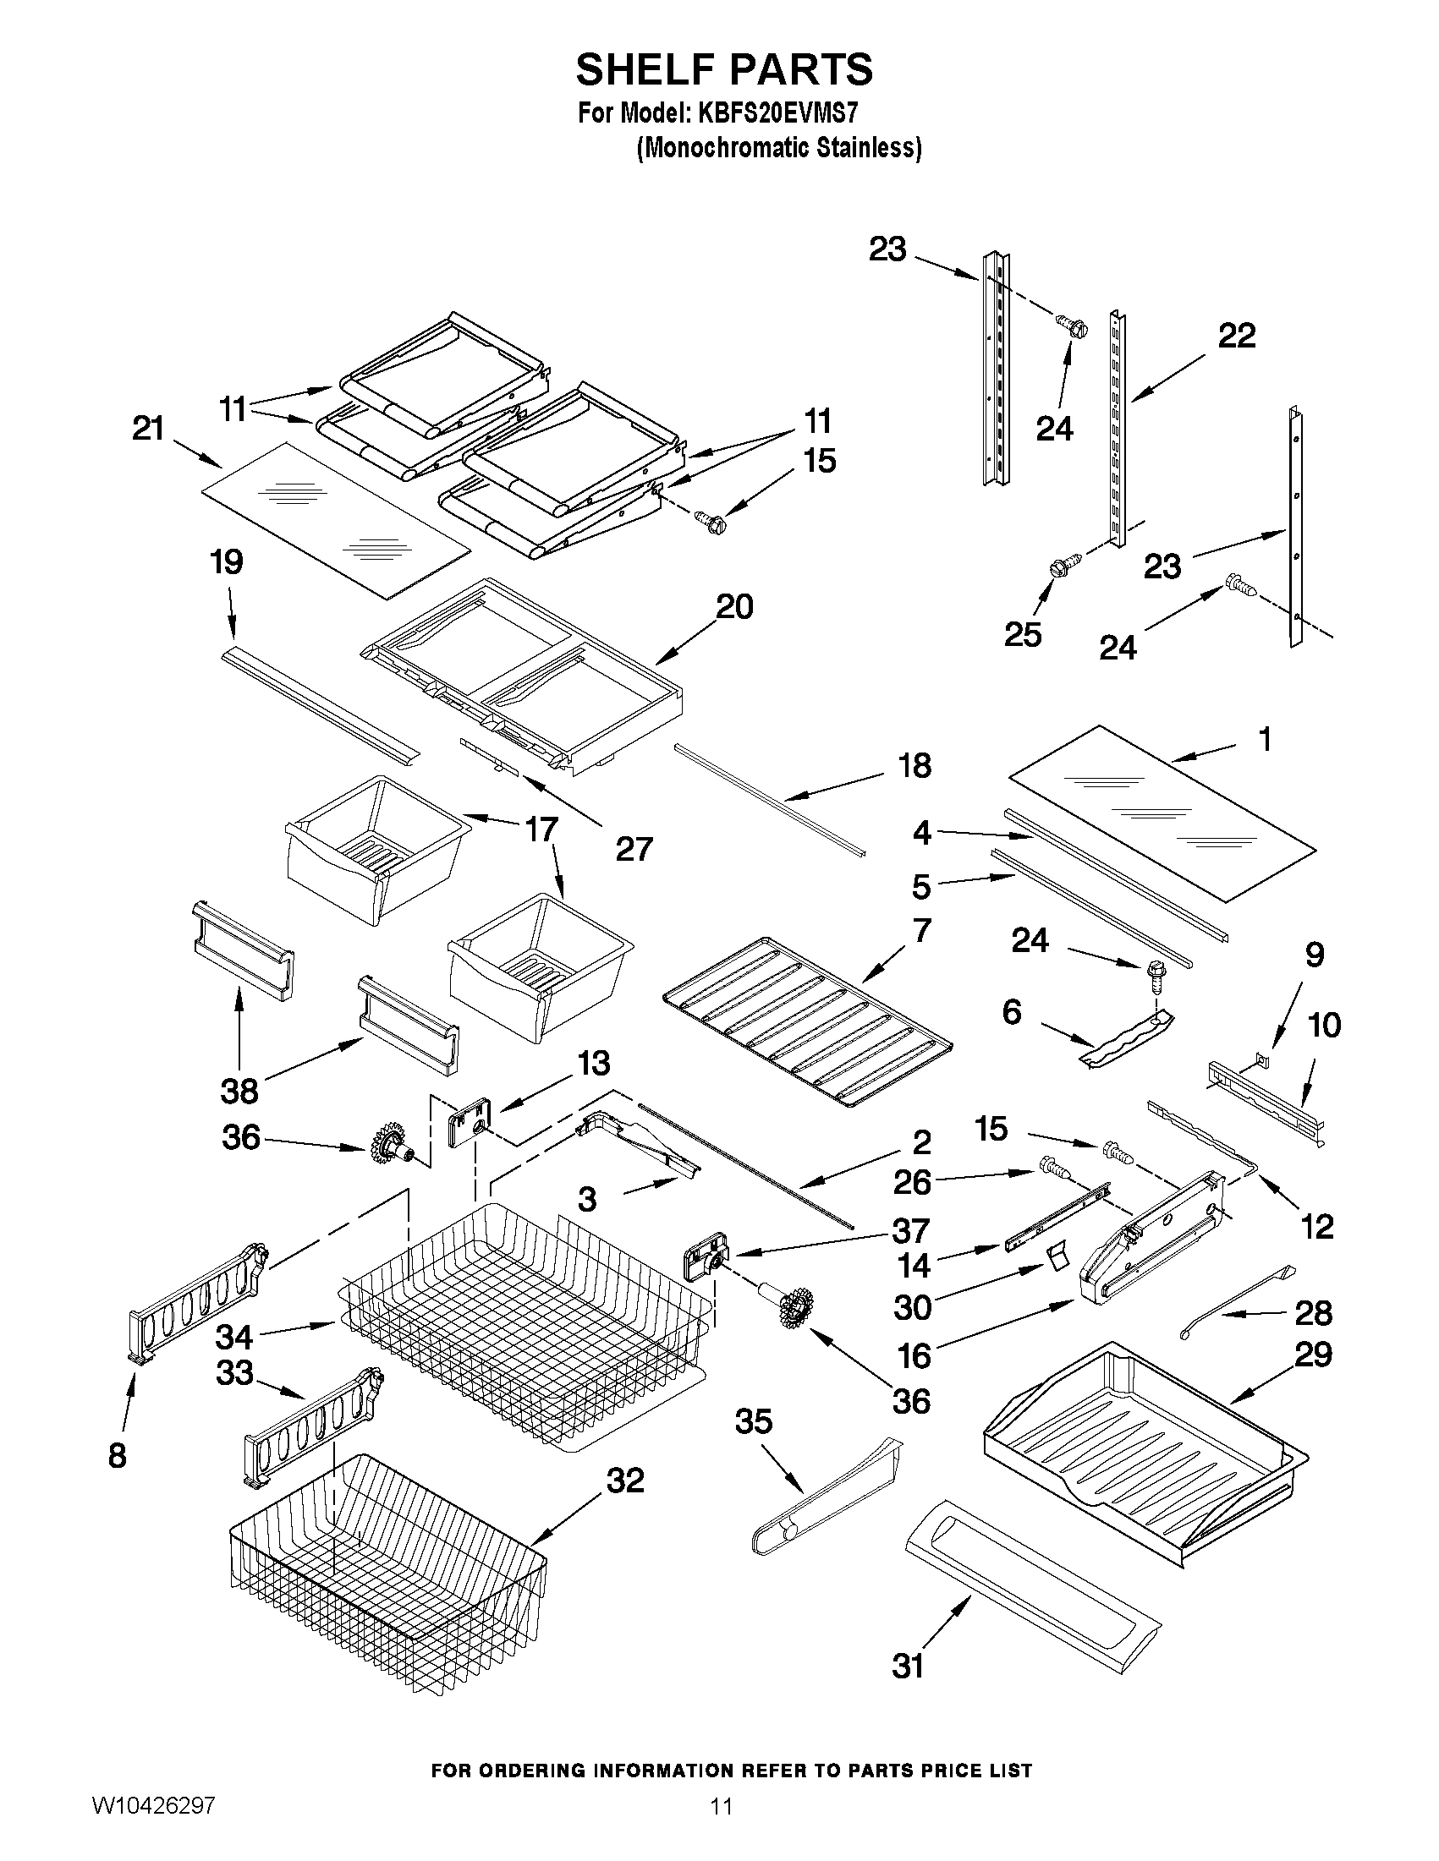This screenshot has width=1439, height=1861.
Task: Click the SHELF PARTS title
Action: coord(724,70)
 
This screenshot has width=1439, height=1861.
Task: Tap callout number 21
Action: coord(148,429)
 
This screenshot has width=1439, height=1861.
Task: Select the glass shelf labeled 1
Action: coord(1161,812)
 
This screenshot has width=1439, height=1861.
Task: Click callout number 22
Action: coord(1236,336)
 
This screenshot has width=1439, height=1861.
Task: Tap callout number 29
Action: coord(1313,1354)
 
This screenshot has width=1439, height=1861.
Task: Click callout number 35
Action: coord(754,1421)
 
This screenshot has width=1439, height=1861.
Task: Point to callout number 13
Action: coord(593,1064)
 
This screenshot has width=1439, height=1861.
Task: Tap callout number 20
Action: coord(734,607)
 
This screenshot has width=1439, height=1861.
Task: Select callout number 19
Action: coord(227,562)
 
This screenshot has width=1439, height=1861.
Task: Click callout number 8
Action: coord(118,1455)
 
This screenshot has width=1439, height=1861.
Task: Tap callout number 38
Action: coord(239,1091)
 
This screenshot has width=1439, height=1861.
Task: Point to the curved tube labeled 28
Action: coord(1233,1301)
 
